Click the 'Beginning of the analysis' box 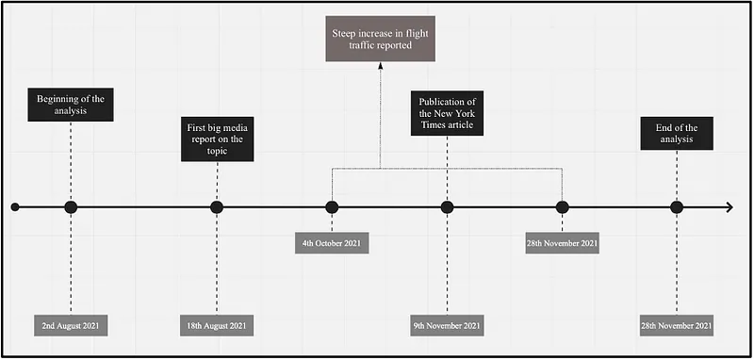(71, 105)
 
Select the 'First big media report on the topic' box (217, 139)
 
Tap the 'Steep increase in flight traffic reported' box (381, 39)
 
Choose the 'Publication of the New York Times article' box (447, 113)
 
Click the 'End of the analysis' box (677, 133)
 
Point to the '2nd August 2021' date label (71, 325)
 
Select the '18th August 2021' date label (217, 325)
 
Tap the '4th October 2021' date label (332, 243)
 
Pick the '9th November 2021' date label (447, 325)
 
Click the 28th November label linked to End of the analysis (677, 325)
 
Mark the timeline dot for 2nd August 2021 (71, 207)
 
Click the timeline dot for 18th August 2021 (217, 207)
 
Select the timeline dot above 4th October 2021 (332, 207)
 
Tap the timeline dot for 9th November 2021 (447, 207)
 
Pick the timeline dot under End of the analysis (677, 207)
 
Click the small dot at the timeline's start (15, 207)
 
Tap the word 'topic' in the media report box (217, 151)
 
